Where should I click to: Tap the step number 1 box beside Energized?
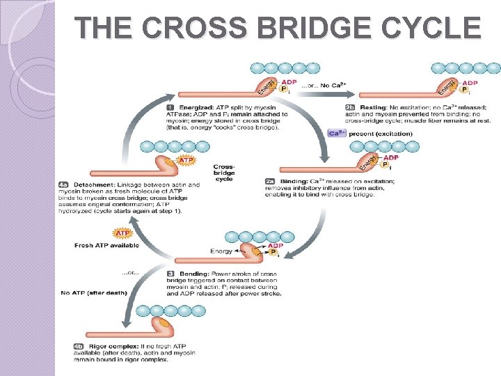coord(171,107)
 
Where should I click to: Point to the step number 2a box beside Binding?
coord(271,181)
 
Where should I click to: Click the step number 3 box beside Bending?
coord(171,274)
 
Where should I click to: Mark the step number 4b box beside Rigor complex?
coord(79,346)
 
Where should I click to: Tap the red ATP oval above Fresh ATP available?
coord(123,233)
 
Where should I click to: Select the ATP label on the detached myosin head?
coord(186,161)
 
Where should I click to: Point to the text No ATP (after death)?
coord(94,293)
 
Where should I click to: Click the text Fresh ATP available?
coord(106,245)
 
